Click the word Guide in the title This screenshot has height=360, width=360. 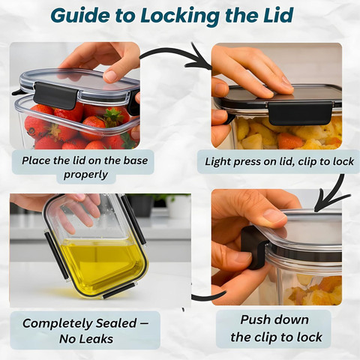[80, 16]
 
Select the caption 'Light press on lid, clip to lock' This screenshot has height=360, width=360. [279, 161]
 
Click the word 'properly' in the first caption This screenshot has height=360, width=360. [85, 175]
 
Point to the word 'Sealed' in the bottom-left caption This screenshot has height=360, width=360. [116, 323]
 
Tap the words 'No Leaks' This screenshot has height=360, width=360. [86, 339]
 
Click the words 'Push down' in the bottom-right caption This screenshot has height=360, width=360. [274, 319]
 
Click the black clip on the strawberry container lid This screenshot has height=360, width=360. [55, 96]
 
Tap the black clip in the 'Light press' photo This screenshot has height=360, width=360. [300, 113]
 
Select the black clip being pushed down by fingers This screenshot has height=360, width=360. [253, 247]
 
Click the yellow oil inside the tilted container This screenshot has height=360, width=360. [103, 265]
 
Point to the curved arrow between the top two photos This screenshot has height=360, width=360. [175, 52]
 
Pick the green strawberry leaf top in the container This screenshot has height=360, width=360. [113, 116]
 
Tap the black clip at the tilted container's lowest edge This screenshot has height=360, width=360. [119, 291]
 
